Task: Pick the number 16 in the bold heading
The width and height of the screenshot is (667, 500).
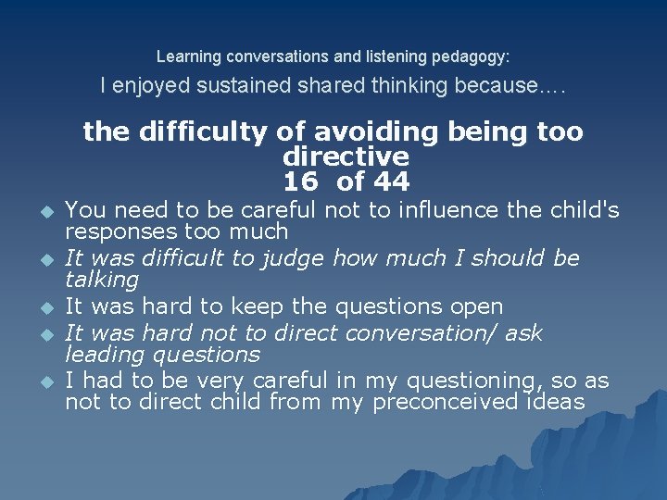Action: [300, 181]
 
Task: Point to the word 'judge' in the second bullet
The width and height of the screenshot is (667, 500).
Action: [300, 258]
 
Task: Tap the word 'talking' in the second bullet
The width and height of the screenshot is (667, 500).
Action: [102, 279]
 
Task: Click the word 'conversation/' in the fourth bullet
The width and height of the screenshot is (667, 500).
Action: [428, 332]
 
